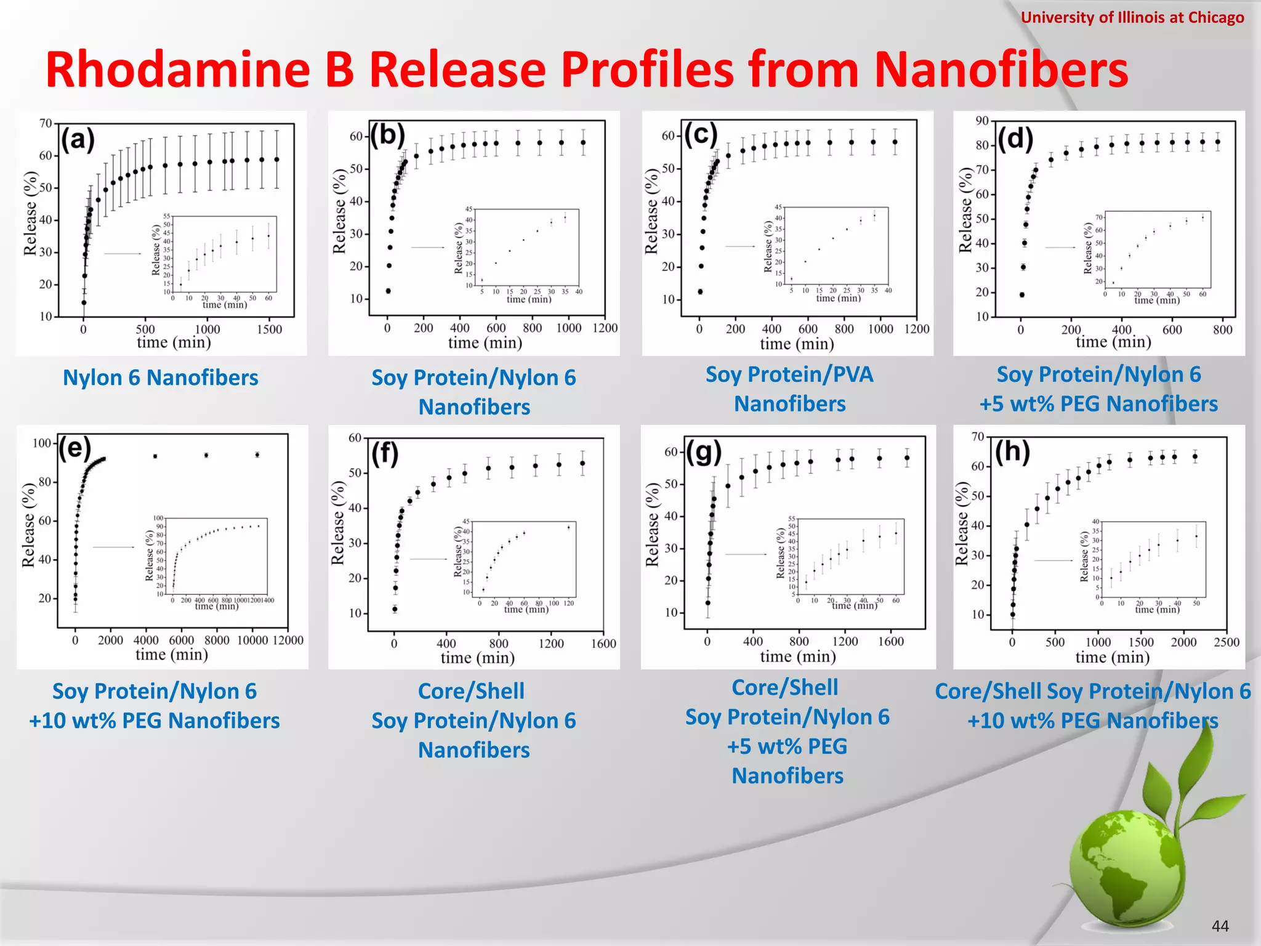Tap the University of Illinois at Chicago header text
(x=1132, y=17)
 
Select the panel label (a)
(x=78, y=139)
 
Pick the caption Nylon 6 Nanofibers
(x=161, y=378)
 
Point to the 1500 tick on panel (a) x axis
(x=269, y=329)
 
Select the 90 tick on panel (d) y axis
(x=982, y=121)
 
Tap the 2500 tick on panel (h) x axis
(x=1226, y=642)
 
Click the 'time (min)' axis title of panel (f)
(x=477, y=658)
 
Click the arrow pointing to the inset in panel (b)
(x=428, y=248)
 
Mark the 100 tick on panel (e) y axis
(x=42, y=443)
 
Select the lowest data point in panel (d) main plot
(x=1022, y=294)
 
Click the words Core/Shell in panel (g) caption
(x=785, y=687)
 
